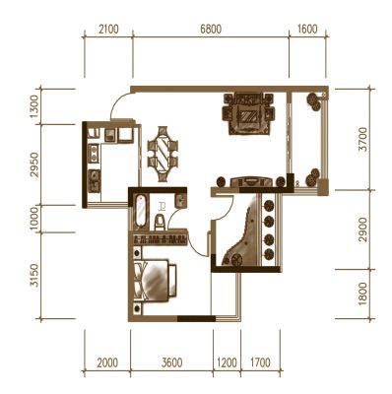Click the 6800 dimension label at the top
tap(211, 30)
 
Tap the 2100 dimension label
tap(108, 30)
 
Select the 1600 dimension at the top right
tap(307, 30)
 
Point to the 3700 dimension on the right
tap(363, 139)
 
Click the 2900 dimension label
tap(363, 230)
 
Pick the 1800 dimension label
tap(363, 295)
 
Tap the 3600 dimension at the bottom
tap(172, 362)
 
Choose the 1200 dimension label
tap(227, 362)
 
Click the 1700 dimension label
tap(260, 362)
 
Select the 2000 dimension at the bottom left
tap(107, 362)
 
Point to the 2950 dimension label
tap(34, 164)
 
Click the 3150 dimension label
tap(34, 275)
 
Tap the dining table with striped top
tap(163, 154)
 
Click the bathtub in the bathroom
tap(140, 211)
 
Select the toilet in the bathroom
tap(160, 222)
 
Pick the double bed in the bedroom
tap(155, 280)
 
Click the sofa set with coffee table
tap(248, 113)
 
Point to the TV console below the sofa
tap(251, 182)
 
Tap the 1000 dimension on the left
tap(34, 219)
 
